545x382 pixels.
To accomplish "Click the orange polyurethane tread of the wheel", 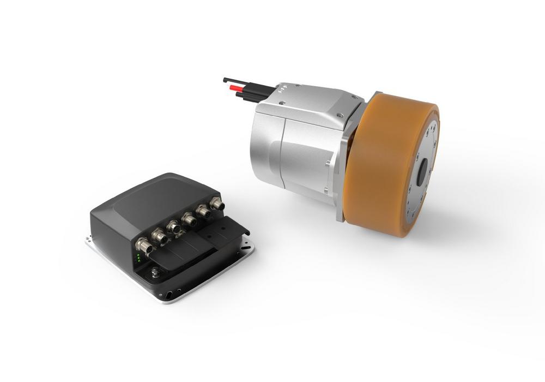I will coord(381,164).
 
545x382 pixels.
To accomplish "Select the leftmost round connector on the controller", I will coord(141,243).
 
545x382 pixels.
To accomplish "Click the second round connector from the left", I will coord(158,235).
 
